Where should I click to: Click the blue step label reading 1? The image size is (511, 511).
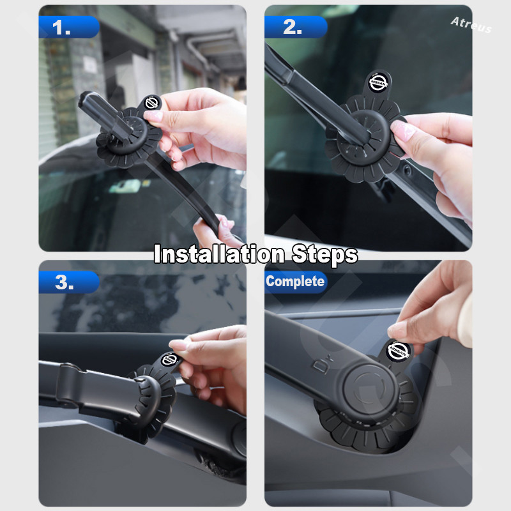pos(69,27)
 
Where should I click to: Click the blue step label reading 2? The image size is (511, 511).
pos(296,27)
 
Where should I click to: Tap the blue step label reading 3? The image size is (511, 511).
pos(69,282)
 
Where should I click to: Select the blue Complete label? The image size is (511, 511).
pos(296,282)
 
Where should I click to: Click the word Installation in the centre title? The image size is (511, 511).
pos(219,254)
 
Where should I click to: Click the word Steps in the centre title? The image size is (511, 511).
pos(325,254)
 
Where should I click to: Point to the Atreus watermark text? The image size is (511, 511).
pos(471,25)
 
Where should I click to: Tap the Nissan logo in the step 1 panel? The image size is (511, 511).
pos(152,103)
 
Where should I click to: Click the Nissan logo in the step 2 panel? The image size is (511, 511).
pos(378,82)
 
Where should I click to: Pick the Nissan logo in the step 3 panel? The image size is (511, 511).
pos(169,360)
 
